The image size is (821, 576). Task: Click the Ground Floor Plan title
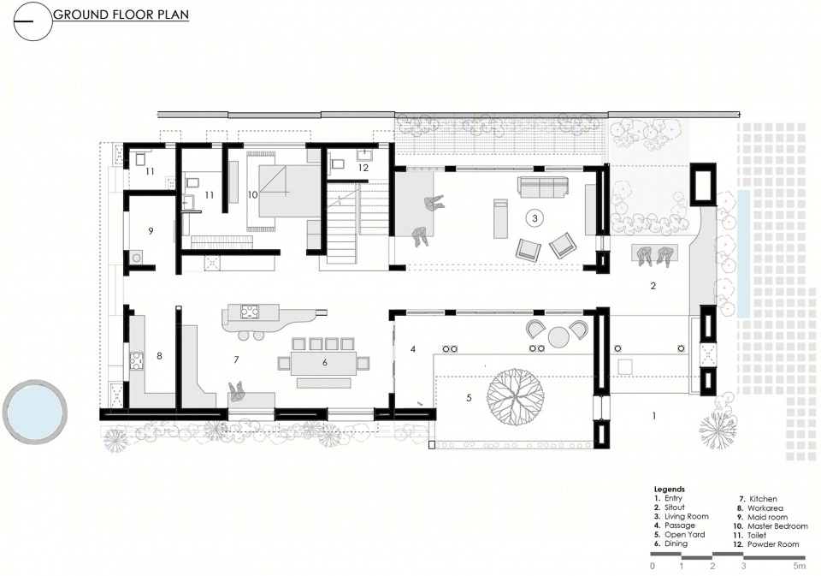click(121, 15)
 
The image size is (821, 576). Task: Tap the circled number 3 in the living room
click(535, 218)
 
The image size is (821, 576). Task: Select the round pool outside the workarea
click(34, 412)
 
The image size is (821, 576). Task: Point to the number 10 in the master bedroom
click(252, 195)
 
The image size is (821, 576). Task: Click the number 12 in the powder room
click(363, 168)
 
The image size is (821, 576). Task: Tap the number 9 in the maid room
click(151, 230)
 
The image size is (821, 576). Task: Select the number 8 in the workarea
click(159, 356)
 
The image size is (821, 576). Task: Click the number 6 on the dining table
click(325, 362)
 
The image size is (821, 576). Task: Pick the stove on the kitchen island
click(251, 312)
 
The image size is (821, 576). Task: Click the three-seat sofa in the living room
click(543, 187)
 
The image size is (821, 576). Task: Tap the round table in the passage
click(558, 336)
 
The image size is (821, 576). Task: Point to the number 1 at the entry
click(654, 416)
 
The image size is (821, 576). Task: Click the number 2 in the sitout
click(653, 286)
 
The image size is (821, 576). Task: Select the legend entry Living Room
click(687, 516)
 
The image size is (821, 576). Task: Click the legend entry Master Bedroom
click(777, 526)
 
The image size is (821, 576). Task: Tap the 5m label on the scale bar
click(799, 566)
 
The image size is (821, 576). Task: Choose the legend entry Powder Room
click(773, 544)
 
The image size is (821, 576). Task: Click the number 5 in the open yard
click(469, 398)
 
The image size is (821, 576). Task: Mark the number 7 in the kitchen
click(236, 359)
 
